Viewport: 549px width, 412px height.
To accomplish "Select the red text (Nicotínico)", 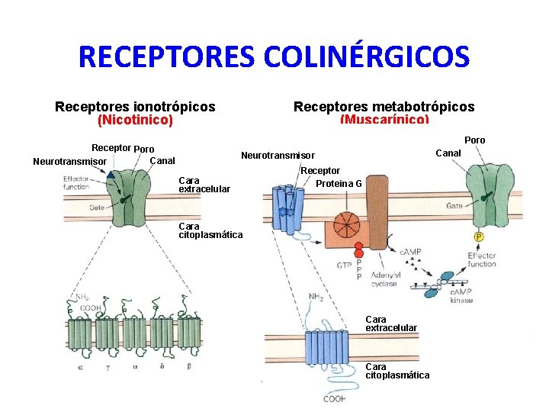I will pyautogui.click(x=136, y=120).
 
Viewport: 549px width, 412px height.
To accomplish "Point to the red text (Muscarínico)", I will pyautogui.click(x=384, y=120).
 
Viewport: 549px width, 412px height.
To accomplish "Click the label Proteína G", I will pyautogui.click(x=339, y=183).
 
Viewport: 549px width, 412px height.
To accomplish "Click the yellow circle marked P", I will pyautogui.click(x=479, y=237).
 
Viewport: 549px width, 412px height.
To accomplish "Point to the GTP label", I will pyautogui.click(x=344, y=265).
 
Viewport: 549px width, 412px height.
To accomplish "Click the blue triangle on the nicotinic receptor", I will pyautogui.click(x=111, y=175).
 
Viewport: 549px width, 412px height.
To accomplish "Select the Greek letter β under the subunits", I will pyautogui.click(x=188, y=367).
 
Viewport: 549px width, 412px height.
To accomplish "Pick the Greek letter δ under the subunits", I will pyautogui.click(x=162, y=367).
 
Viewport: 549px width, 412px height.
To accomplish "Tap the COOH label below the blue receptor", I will pyautogui.click(x=334, y=398).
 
